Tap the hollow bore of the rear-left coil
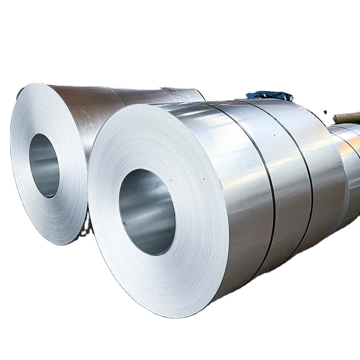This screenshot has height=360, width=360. point(44,165)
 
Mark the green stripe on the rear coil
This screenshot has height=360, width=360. point(118,96)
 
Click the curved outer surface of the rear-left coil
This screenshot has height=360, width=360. point(90,112)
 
